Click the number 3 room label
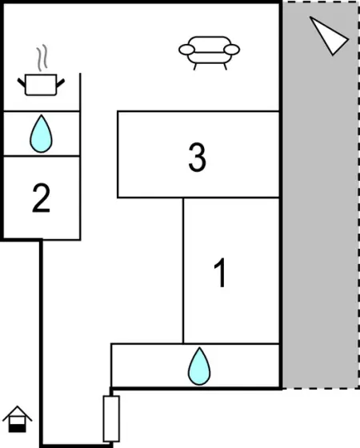(x=197, y=158)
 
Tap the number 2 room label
(x=41, y=198)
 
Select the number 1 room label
(x=220, y=272)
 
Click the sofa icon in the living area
(x=209, y=53)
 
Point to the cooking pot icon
(x=41, y=85)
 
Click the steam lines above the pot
(x=42, y=58)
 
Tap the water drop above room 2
(x=41, y=134)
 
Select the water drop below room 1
(x=199, y=366)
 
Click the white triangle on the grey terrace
(x=329, y=36)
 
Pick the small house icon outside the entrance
(x=17, y=419)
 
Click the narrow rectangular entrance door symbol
(x=111, y=418)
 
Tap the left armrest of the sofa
(x=186, y=50)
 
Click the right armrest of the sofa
(x=232, y=50)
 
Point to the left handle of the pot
(x=22, y=82)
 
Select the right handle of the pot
(x=61, y=83)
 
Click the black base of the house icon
(x=17, y=429)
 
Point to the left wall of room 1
(x=183, y=270)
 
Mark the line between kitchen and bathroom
(x=42, y=111)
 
